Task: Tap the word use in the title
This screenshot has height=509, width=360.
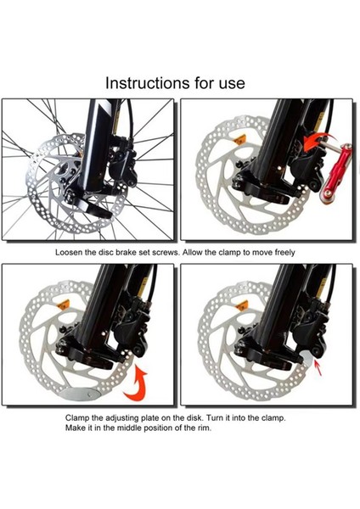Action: (x=232, y=84)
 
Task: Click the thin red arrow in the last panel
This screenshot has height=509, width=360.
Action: (x=318, y=368)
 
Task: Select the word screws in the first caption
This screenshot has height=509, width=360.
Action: (x=166, y=253)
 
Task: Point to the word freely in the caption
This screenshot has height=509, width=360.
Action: (x=284, y=253)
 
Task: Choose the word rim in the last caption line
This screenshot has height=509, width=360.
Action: (x=204, y=428)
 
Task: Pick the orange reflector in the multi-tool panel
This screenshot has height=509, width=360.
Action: (x=240, y=140)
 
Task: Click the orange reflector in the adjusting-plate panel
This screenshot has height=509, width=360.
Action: (x=63, y=305)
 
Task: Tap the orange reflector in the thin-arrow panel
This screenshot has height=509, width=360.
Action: (x=242, y=305)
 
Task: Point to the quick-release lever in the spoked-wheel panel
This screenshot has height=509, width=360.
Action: (x=90, y=204)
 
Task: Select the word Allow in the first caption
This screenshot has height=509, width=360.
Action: (x=193, y=253)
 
